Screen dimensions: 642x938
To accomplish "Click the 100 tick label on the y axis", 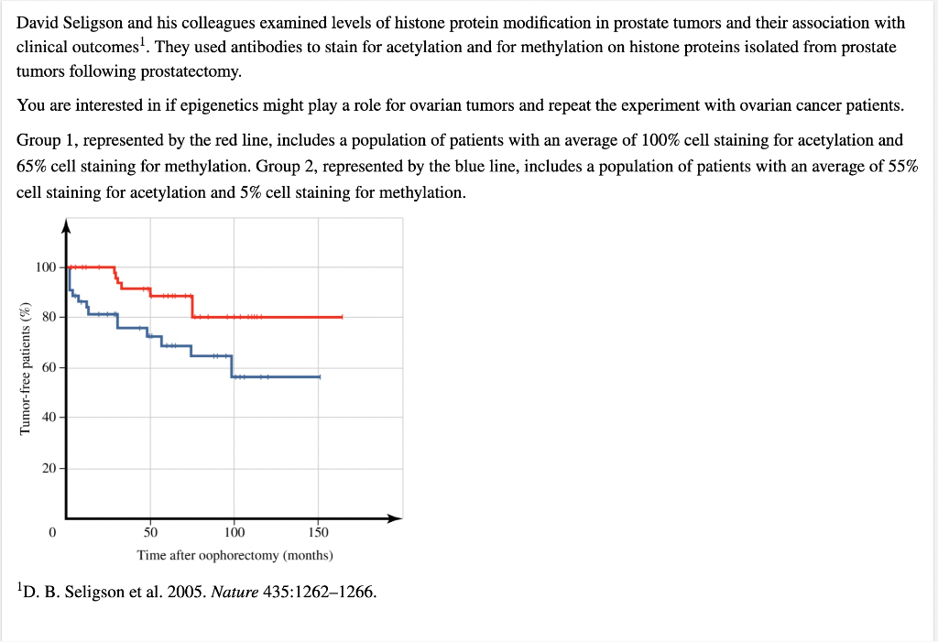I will coord(46,267).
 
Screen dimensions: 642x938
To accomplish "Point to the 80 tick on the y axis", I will coord(49,317).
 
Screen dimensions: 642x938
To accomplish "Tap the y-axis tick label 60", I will coord(49,367).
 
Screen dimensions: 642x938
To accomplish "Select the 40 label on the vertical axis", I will coord(49,418).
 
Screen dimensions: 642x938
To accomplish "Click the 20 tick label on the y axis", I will coord(49,468).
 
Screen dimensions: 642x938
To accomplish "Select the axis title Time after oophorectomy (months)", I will coord(234,555).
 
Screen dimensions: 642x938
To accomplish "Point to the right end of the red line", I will coord(342,317).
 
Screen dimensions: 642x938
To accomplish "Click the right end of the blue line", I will coord(319,376).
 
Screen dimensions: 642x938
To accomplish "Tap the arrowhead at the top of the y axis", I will coord(65,224).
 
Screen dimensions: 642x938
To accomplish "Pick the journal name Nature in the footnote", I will coord(234,592).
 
